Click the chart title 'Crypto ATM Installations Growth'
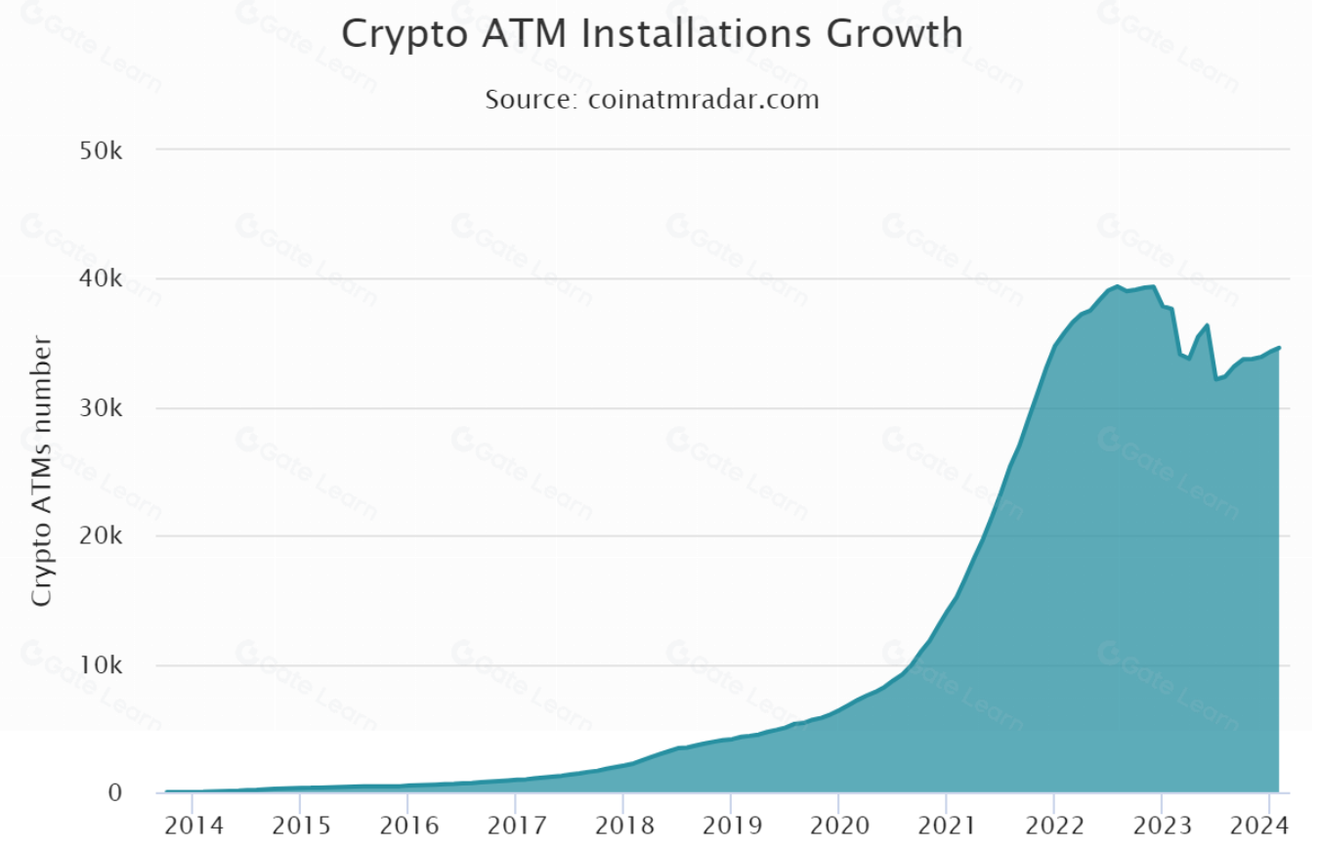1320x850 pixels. pyautogui.click(x=652, y=34)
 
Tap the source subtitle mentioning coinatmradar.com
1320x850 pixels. pyautogui.click(x=652, y=100)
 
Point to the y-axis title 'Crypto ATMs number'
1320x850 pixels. pyautogui.click(x=41, y=470)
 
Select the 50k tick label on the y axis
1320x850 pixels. pyautogui.click(x=101, y=150)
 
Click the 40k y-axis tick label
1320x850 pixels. pyautogui.click(x=101, y=279)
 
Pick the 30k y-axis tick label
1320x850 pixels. pyautogui.click(x=101, y=408)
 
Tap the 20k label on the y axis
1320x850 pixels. pyautogui.click(x=101, y=536)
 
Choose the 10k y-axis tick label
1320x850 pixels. pyautogui.click(x=101, y=665)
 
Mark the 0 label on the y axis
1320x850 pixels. pyautogui.click(x=115, y=792)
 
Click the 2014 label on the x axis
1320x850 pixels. pyautogui.click(x=192, y=826)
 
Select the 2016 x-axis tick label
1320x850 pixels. pyautogui.click(x=407, y=826)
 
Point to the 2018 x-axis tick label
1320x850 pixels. pyautogui.click(x=622, y=826)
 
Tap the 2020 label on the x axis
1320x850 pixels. pyautogui.click(x=838, y=826)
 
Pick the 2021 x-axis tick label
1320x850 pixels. pyautogui.click(x=946, y=826)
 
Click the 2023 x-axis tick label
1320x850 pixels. pyautogui.click(x=1161, y=826)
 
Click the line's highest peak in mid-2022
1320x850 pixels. pyautogui.click(x=1118, y=286)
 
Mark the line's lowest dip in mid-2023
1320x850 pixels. pyautogui.click(x=1215, y=379)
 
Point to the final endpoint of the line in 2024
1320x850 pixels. pyautogui.click(x=1279, y=348)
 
